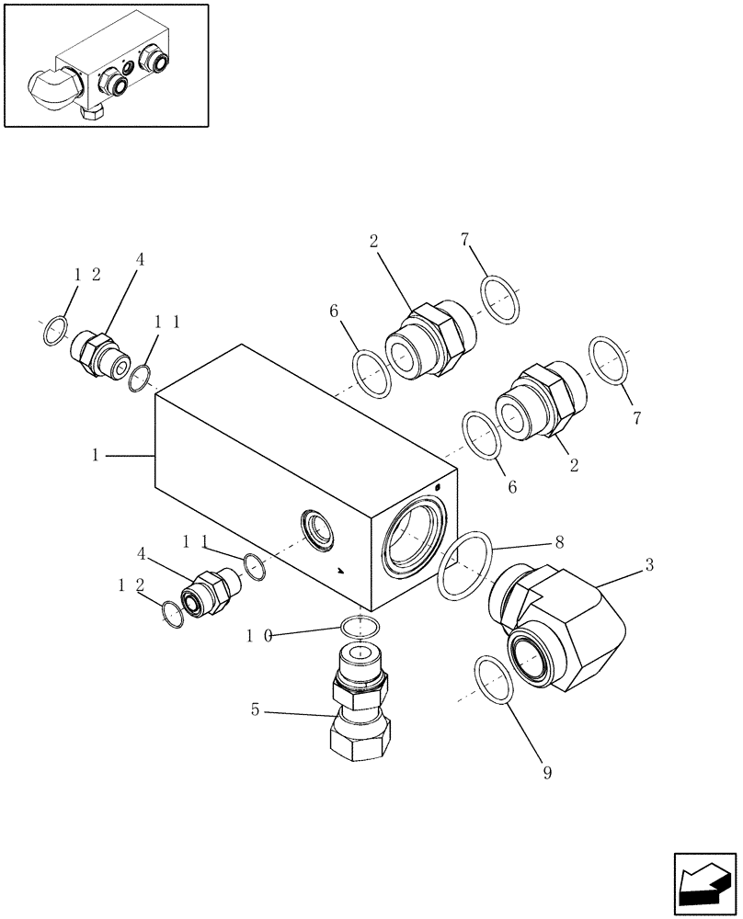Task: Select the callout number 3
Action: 649,564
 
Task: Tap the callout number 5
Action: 257,709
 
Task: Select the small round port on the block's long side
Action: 317,532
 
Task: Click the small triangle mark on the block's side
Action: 341,571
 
